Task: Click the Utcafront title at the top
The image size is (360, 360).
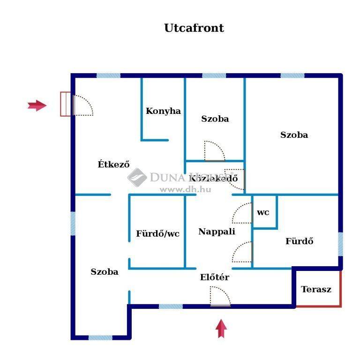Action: [x=194, y=28]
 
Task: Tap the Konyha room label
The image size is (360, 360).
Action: [x=163, y=111]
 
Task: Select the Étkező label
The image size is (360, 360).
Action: [x=113, y=164]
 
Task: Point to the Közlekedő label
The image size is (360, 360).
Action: [x=213, y=178]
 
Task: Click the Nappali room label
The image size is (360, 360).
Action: [x=217, y=232]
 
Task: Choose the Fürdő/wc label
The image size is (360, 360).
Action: [x=157, y=233]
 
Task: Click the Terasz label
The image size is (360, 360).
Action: [x=316, y=289]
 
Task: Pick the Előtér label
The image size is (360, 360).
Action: [x=215, y=277]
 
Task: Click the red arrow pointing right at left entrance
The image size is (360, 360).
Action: [x=37, y=105]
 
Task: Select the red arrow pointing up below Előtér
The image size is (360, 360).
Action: [x=221, y=328]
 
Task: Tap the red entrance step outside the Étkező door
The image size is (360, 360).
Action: [x=66, y=104]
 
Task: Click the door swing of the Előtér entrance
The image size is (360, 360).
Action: [x=220, y=296]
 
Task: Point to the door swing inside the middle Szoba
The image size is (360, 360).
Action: [x=215, y=151]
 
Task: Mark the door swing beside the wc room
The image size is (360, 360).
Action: [x=242, y=213]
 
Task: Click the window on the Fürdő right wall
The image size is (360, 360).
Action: [x=341, y=244]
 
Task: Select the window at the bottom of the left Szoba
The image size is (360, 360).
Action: [x=100, y=337]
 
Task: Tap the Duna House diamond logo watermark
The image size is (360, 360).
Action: [x=137, y=177]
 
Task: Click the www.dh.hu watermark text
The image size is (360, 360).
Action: [x=186, y=189]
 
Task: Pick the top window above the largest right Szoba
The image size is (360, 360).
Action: [x=292, y=75]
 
